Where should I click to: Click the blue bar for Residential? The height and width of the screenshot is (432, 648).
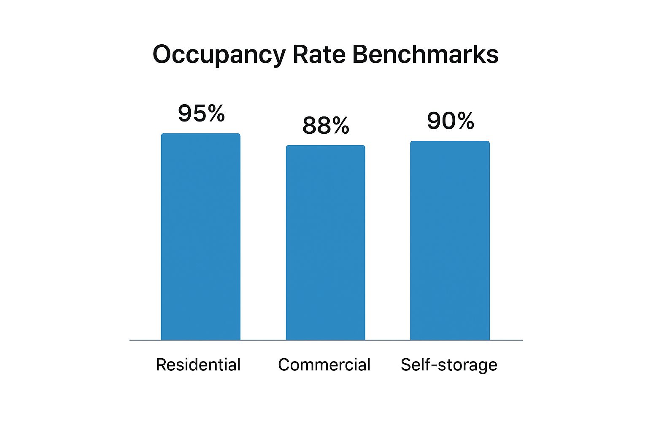200,237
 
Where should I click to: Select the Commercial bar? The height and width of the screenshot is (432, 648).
325,243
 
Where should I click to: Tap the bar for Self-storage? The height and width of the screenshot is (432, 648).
450,240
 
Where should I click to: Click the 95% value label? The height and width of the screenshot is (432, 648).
201,113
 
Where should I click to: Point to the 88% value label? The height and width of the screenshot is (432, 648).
326,125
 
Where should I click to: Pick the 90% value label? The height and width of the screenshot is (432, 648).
450,121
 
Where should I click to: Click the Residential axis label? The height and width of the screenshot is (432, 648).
198,365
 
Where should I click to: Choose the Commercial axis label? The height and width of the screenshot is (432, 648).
324,365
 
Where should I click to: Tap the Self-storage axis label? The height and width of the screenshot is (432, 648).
449,365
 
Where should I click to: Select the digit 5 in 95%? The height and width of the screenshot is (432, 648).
200,113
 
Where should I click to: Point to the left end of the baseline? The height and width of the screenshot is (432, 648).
130,340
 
